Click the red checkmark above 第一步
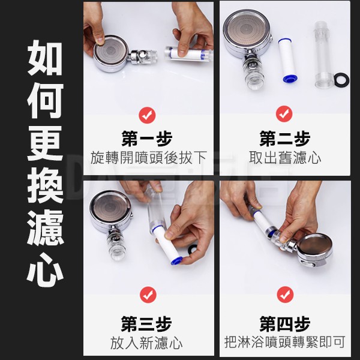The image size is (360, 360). coord(147,115)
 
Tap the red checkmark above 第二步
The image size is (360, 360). coord(284,114)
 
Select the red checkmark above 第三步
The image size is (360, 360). coord(148,295)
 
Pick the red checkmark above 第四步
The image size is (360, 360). coord(285,295)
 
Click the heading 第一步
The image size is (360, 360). coord(147,139)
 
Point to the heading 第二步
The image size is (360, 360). coord(284,139)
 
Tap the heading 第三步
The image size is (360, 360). coord(146,324)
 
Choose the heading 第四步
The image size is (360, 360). coord(285,324)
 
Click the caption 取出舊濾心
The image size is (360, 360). coord(285,158)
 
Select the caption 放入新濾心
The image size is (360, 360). coord(146,343)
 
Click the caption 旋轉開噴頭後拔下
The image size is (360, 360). coord(149,158)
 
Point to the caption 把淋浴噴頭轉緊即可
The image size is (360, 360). coord(285,343)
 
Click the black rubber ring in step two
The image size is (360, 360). coord(341,80)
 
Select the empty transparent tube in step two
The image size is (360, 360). coord(323,55)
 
